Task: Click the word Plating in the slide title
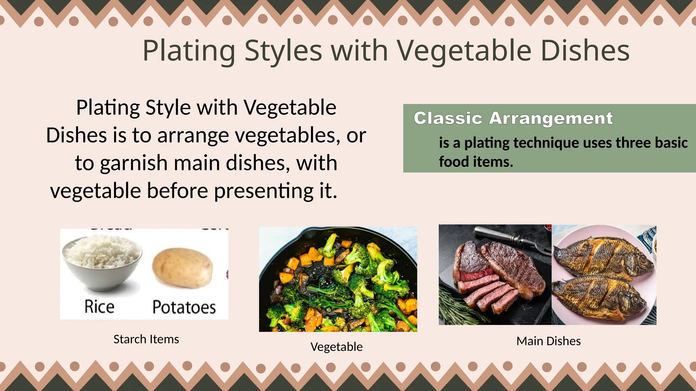[x=189, y=51]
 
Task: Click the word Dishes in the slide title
[x=585, y=51]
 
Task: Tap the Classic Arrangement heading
[x=513, y=118]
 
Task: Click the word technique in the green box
[x=546, y=143]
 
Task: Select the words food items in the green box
[x=476, y=162]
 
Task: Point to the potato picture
[x=182, y=268]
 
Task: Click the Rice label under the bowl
[x=99, y=307]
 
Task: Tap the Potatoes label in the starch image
[x=184, y=307]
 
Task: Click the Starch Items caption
[x=146, y=339]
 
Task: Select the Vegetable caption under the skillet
[x=336, y=347]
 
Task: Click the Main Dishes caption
[x=549, y=341]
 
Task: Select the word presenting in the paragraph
[x=264, y=191]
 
